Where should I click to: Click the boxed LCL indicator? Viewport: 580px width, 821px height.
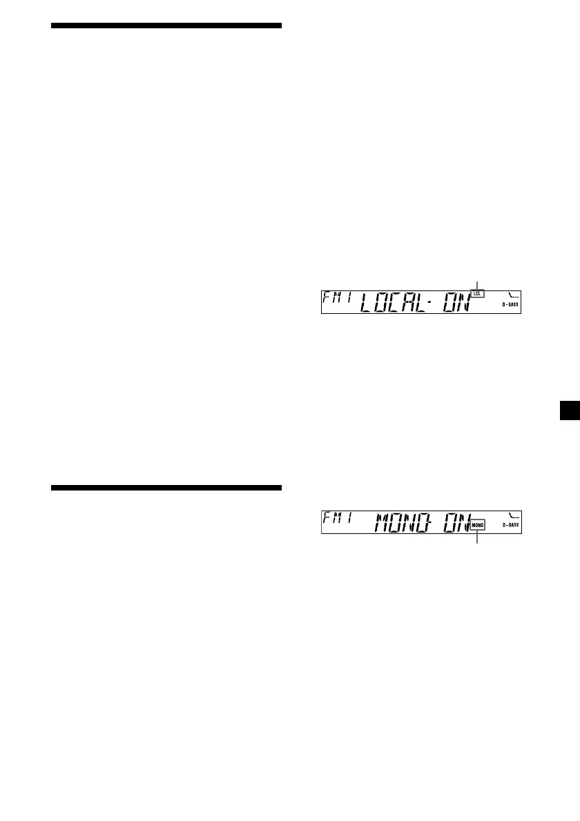477,294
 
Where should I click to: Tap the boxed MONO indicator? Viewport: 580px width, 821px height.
478,525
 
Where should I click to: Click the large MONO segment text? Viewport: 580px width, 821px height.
404,522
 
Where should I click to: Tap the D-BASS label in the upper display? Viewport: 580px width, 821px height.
510,304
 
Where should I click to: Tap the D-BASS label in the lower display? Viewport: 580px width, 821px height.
510,525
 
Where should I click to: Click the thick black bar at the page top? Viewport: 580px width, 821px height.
166,26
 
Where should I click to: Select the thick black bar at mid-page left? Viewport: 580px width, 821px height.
166,488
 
